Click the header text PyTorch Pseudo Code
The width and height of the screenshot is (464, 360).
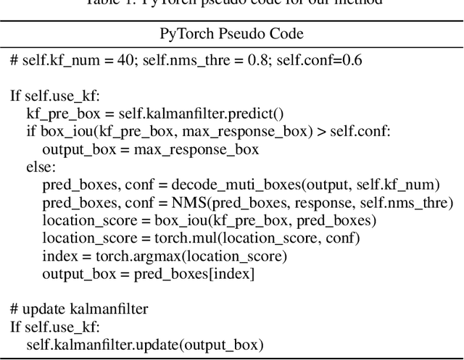pos(231,34)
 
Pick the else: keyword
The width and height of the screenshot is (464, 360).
pos(41,167)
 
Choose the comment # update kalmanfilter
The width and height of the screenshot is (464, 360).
pos(80,309)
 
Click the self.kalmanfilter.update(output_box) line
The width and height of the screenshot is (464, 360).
pos(145,345)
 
